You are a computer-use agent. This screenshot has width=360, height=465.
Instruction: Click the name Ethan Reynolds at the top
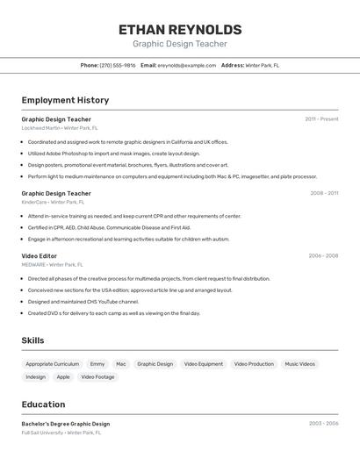(180, 30)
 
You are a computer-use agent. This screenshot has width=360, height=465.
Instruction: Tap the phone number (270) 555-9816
(118, 65)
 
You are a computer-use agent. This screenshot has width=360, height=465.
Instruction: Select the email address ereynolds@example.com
(186, 65)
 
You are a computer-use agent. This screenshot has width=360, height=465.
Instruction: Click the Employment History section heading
(65, 100)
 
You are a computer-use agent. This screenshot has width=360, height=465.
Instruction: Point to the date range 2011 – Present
(321, 119)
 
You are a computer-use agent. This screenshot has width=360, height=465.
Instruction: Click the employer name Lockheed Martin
(40, 128)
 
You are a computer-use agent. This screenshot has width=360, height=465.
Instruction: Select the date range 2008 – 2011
(324, 193)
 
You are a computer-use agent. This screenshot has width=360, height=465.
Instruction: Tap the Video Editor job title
(40, 256)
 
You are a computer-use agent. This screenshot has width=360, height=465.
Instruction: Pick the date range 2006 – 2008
(323, 256)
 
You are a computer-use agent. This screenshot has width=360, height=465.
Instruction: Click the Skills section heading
(33, 340)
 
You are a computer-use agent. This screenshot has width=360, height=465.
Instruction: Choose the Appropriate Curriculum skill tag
(53, 364)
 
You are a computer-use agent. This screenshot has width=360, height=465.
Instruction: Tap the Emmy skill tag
(97, 364)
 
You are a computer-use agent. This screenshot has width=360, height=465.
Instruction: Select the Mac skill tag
(121, 364)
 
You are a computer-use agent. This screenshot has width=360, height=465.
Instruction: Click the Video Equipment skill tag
(204, 364)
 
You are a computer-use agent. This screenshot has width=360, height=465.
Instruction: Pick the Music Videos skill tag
(299, 364)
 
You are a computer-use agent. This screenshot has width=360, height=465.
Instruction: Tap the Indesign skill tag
(36, 377)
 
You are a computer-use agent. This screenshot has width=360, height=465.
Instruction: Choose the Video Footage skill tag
(98, 377)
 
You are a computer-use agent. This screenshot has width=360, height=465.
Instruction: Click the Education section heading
(44, 404)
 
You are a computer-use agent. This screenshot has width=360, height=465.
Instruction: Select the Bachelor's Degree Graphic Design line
(66, 424)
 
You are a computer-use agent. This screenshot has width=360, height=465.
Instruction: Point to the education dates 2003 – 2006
(323, 424)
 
